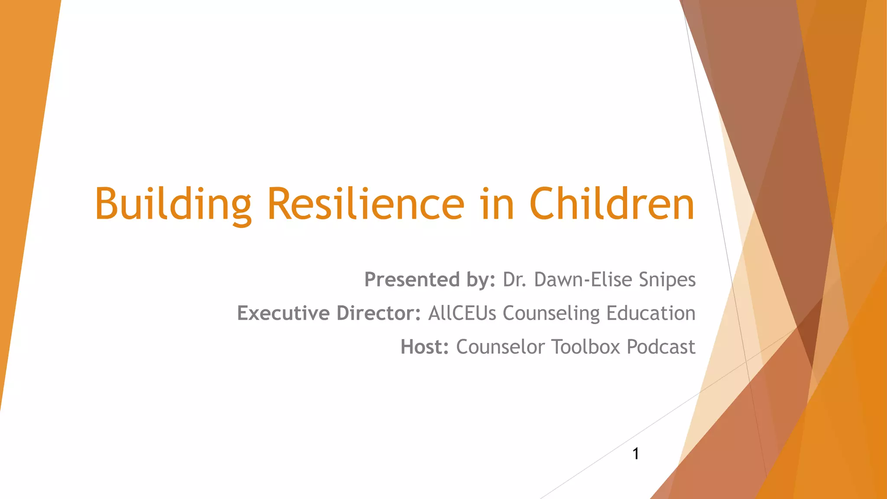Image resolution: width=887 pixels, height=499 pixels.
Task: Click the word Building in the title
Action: [173, 204]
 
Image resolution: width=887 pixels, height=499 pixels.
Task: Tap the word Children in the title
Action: [612, 204]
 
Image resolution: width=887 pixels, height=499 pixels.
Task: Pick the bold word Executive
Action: [284, 313]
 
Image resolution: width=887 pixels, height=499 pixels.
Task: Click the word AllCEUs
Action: [462, 313]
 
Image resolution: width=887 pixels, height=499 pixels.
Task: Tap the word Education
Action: [651, 313]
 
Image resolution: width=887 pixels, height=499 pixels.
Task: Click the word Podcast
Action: [661, 347]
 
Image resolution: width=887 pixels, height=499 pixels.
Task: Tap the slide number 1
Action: [636, 454]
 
